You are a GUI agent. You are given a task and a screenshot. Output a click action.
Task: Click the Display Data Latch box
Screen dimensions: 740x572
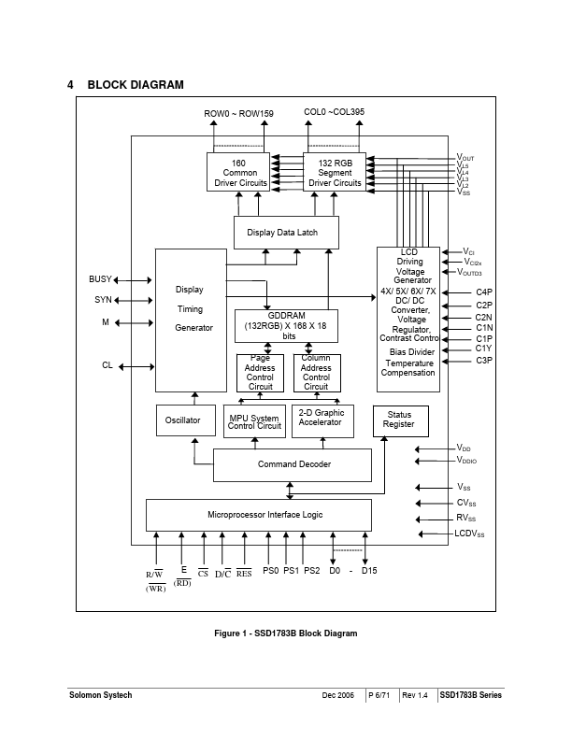(x=285, y=233)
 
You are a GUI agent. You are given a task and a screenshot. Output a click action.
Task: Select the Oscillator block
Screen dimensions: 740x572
(x=182, y=420)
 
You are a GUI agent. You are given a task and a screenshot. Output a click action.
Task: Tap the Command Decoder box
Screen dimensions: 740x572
(x=293, y=464)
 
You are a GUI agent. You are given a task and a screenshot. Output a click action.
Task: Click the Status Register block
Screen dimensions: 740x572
(x=399, y=420)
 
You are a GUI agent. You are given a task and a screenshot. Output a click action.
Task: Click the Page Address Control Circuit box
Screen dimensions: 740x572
(x=260, y=373)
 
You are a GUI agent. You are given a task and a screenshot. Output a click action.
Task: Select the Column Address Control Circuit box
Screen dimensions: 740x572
(x=316, y=373)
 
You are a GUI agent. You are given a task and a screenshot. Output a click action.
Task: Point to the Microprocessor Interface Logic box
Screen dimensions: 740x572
(x=259, y=515)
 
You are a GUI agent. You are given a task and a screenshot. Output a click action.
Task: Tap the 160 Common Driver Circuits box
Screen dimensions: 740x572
(x=238, y=173)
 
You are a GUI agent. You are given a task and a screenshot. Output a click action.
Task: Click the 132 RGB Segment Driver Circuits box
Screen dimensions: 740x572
(x=335, y=173)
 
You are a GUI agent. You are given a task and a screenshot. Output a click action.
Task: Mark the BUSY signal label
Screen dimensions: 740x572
(x=100, y=279)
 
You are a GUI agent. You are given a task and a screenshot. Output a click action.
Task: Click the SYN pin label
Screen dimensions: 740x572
(x=102, y=300)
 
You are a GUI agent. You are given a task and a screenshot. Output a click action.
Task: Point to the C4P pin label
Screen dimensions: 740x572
(x=484, y=292)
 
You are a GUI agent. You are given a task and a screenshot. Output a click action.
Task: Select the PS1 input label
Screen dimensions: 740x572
(x=291, y=570)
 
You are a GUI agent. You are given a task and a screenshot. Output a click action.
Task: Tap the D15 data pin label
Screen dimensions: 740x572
(x=368, y=570)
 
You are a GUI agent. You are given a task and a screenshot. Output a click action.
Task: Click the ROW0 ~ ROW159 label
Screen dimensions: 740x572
(x=239, y=113)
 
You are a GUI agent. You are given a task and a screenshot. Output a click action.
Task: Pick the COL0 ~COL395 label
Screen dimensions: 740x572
(x=334, y=112)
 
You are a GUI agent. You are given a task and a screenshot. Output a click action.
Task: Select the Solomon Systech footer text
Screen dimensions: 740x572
(x=100, y=695)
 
